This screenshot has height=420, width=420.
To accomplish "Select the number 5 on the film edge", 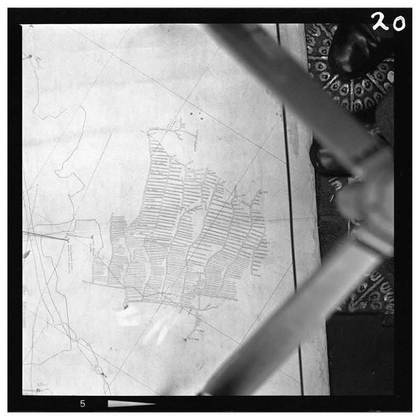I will [82, 404].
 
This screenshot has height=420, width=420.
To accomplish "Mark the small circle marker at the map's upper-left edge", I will [30, 56].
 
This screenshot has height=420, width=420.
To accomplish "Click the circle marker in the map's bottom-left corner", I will [38, 390].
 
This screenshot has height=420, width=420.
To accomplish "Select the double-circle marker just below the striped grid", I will [126, 306].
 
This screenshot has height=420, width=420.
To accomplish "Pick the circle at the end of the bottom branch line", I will [185, 340].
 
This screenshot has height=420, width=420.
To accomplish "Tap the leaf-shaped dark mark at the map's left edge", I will [26, 254].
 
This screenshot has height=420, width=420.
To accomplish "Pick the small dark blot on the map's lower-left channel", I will [98, 369].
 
